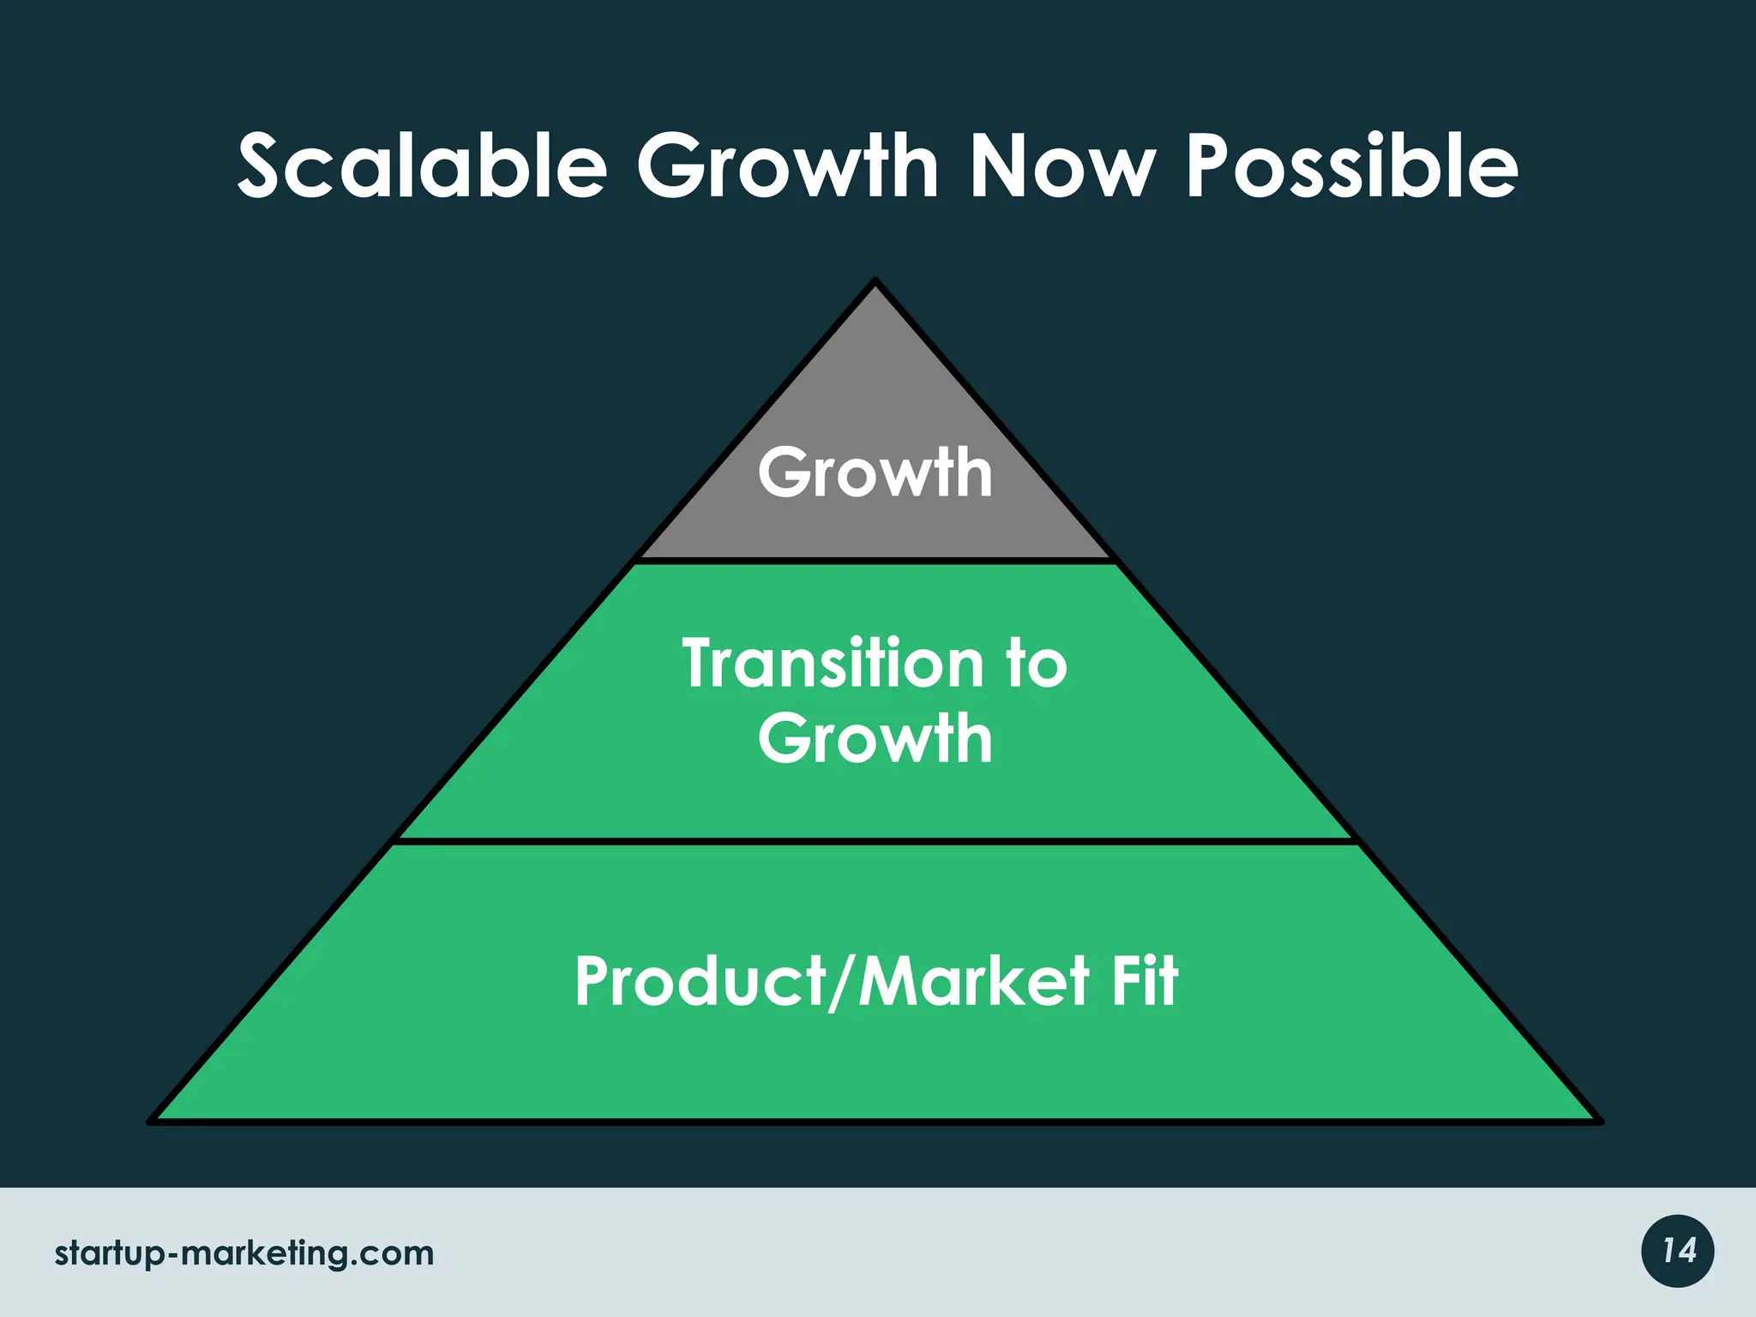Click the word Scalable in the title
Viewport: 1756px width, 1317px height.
click(422, 166)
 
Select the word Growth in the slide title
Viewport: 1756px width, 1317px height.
click(787, 166)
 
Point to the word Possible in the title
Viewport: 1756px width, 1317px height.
click(1351, 166)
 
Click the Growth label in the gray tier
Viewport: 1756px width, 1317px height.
click(875, 472)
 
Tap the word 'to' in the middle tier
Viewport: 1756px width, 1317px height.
click(1037, 664)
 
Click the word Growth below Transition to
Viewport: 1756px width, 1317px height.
click(875, 738)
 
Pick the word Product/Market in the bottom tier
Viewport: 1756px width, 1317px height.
click(832, 982)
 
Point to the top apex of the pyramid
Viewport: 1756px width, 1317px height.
click(875, 282)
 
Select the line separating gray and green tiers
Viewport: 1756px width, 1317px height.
click(875, 561)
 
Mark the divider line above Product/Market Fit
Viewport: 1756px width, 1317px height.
click(875, 841)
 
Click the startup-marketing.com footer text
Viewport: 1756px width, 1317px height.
click(244, 1254)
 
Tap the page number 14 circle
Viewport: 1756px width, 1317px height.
click(1678, 1251)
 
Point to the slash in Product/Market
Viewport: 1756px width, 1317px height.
click(844, 983)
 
